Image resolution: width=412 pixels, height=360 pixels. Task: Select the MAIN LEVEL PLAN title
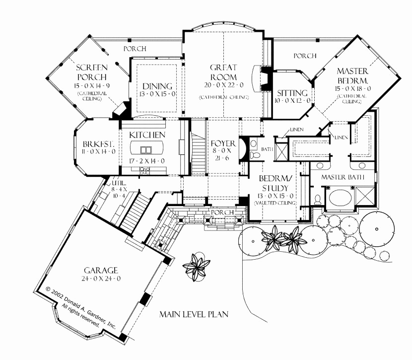tap(193, 315)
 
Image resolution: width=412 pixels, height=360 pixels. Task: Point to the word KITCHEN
tap(147, 135)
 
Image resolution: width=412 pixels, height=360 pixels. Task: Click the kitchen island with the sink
tap(147, 149)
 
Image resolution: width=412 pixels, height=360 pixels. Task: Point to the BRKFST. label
tap(99, 144)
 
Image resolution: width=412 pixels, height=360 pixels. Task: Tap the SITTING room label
tap(293, 93)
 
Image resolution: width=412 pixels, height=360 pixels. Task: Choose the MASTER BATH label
tap(343, 177)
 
